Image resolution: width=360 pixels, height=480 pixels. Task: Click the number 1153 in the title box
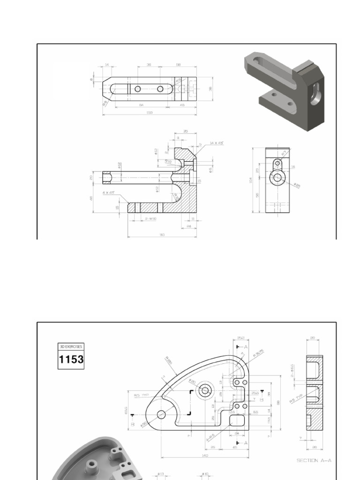coord(71,360)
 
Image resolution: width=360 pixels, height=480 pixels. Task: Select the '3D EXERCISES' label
coord(71,346)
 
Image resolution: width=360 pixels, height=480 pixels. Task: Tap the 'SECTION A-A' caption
coord(314,460)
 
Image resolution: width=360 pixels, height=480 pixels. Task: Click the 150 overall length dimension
coord(150,112)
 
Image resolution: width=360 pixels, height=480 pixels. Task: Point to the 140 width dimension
coord(204,455)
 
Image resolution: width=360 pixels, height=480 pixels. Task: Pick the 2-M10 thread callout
coord(150,219)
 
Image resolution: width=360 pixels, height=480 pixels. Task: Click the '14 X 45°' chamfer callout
coord(216,142)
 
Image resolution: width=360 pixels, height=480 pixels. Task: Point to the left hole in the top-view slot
coord(138,89)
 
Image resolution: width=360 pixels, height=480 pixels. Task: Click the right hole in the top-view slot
coord(160,89)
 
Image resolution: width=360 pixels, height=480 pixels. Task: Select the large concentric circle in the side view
coord(277,177)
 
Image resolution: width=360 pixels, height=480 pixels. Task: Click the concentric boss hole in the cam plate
coord(204,390)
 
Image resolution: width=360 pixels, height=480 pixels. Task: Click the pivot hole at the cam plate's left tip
coord(161,414)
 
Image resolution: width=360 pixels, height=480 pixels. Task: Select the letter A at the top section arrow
coord(246,346)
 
